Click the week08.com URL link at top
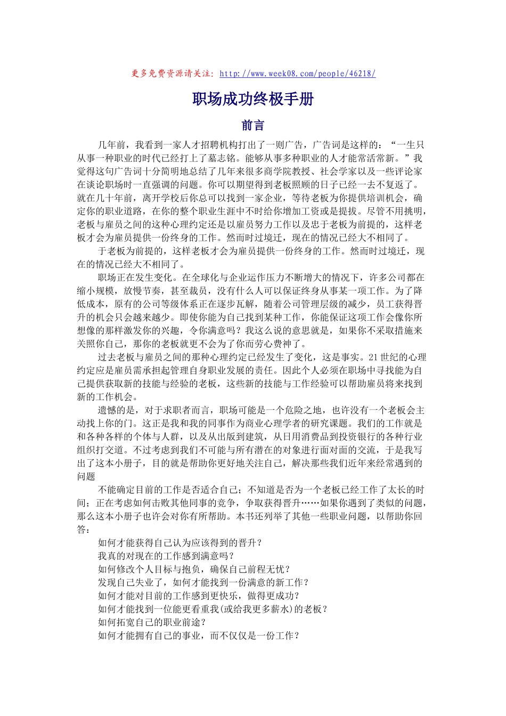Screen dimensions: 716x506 (x=297, y=74)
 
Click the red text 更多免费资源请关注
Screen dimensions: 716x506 (x=173, y=74)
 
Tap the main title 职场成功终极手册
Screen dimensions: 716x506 (x=253, y=99)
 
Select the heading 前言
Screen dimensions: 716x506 (x=253, y=125)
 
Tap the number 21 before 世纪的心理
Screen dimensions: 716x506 (x=373, y=357)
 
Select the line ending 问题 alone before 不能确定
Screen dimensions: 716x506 (x=86, y=476)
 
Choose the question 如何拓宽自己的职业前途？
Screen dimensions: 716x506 (x=152, y=622)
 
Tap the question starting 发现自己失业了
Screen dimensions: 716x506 (x=203, y=582)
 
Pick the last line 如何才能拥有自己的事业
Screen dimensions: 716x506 (x=199, y=636)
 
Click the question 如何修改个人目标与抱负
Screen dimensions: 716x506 (x=194, y=569)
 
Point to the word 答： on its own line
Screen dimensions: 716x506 (x=84, y=530)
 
